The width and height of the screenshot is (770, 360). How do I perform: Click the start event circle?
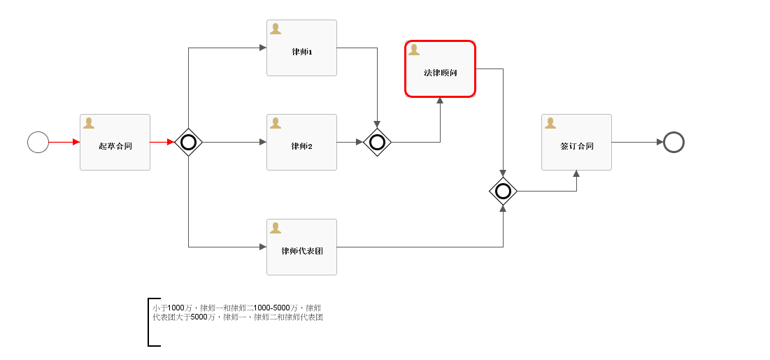pos(38,142)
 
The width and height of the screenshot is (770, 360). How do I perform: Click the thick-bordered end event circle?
pos(673,142)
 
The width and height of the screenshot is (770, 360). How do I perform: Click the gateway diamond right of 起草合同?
pos(188,142)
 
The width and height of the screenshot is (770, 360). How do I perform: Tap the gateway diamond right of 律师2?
pos(377,142)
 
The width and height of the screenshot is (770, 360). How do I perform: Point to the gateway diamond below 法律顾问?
pos(503,191)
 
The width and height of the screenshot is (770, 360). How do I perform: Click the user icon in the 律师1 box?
pos(276,29)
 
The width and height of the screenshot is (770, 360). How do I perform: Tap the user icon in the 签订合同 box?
pos(550,123)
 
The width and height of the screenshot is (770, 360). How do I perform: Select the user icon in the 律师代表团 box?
pos(276,228)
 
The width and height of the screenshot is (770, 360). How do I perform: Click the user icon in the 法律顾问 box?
pos(414,50)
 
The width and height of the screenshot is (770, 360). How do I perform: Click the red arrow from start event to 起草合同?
pos(64,142)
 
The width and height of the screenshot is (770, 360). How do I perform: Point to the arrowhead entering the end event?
pos(659,142)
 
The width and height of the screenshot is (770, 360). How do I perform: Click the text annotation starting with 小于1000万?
pos(237,312)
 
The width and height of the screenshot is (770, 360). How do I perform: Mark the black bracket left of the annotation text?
pos(150,322)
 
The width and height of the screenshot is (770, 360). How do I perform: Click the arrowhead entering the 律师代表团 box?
pos(262,247)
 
